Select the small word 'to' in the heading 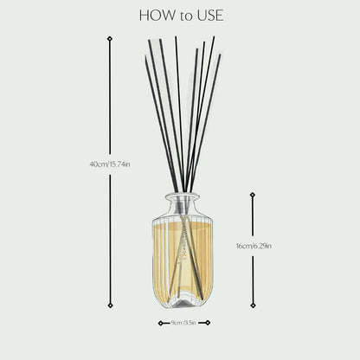tap(183, 16)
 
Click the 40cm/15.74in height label tap(109, 164)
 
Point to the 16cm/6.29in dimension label tap(253, 245)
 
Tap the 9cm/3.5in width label tap(184, 323)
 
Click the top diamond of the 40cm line tap(109, 39)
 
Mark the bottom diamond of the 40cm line tap(109, 305)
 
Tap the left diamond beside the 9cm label tap(160, 323)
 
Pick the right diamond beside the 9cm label tap(209, 323)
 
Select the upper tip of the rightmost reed tap(220, 56)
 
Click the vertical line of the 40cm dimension tap(109, 104)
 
